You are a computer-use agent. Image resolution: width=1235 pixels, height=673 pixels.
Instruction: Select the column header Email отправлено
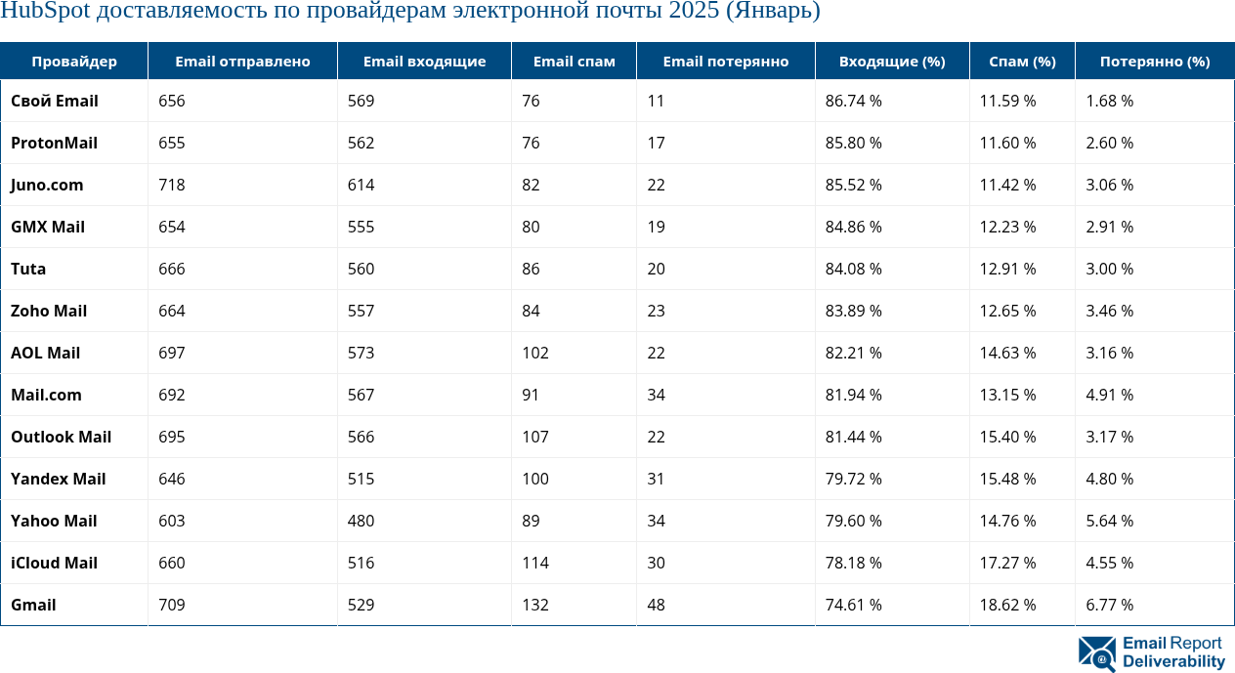tap(242, 62)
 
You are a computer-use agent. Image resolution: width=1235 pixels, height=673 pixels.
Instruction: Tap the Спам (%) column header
tap(1022, 62)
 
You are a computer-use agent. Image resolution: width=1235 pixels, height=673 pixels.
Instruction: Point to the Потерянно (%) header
tap(1154, 62)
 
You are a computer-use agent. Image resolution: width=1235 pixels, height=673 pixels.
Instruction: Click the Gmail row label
tap(33, 605)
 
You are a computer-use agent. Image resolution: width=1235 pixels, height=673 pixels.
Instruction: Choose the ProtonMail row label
tap(54, 143)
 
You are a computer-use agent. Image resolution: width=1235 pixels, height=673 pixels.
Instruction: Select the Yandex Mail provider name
tap(58, 479)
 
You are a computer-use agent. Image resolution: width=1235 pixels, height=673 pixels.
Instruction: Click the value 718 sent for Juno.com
tap(172, 185)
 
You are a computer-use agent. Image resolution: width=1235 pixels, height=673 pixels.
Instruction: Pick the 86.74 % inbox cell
tap(853, 101)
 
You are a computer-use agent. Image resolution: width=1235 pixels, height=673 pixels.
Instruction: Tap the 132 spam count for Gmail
tap(534, 605)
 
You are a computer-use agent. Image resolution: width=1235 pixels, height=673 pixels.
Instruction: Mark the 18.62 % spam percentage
tap(1008, 605)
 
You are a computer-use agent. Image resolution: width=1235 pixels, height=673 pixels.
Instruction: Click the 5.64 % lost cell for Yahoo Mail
tap(1109, 521)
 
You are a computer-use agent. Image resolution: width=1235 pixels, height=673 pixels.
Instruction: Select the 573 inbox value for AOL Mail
tap(361, 353)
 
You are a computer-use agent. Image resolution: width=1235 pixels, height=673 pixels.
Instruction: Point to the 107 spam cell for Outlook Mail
tap(534, 437)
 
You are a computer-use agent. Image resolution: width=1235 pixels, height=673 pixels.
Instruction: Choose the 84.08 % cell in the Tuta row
tap(853, 269)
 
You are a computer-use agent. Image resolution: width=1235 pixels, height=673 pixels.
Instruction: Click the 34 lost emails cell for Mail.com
tap(656, 395)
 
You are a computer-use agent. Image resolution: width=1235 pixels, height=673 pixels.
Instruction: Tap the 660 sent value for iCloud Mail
tap(172, 563)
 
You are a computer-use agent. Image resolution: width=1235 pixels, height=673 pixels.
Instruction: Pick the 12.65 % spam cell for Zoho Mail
tap(1008, 311)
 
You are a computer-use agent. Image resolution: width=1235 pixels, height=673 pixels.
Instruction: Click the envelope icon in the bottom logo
tap(1096, 653)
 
